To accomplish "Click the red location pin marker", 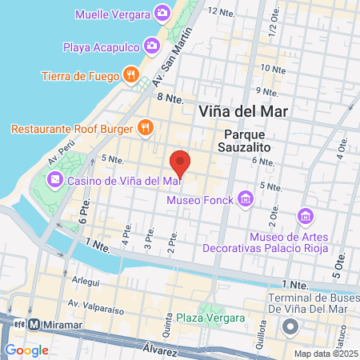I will click(x=181, y=162).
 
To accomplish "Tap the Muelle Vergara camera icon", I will click(x=162, y=14).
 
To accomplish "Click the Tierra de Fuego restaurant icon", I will click(x=131, y=76).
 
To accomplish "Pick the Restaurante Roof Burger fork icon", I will click(x=145, y=126).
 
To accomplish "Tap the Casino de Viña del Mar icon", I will click(x=54, y=180).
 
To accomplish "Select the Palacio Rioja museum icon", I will click(x=305, y=215).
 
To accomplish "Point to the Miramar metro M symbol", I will click(x=34, y=326).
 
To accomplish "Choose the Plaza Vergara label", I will click(x=211, y=318).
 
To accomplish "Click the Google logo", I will click(x=26, y=350).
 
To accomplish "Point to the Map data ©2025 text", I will click(x=326, y=353).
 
